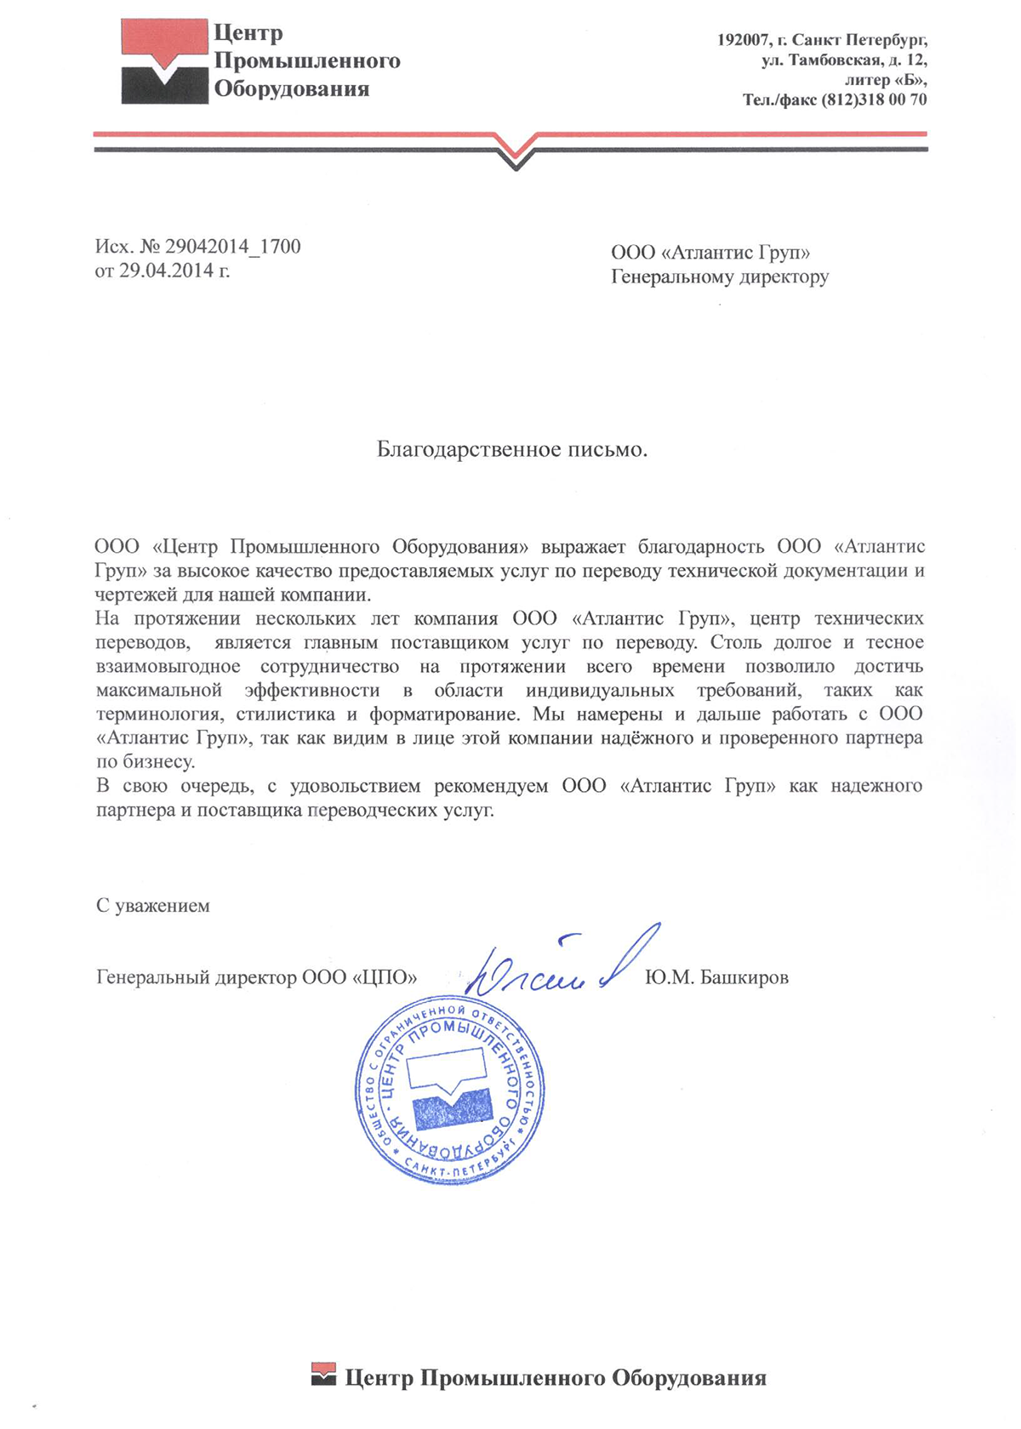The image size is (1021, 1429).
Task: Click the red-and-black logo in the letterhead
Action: tap(164, 61)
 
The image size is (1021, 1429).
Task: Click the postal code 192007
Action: tap(742, 40)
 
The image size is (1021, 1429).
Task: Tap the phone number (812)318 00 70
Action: tap(874, 100)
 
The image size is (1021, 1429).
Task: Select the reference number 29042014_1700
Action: tap(232, 247)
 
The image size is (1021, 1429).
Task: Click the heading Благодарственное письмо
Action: tap(512, 449)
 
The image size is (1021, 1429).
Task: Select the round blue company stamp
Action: tap(450, 1091)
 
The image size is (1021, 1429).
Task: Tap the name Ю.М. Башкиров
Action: tap(716, 977)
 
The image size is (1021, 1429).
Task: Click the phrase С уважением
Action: tap(152, 905)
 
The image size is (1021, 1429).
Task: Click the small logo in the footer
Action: tap(324, 1375)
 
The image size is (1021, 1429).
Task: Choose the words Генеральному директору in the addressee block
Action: tap(720, 276)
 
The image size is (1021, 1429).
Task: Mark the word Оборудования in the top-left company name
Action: tap(291, 88)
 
